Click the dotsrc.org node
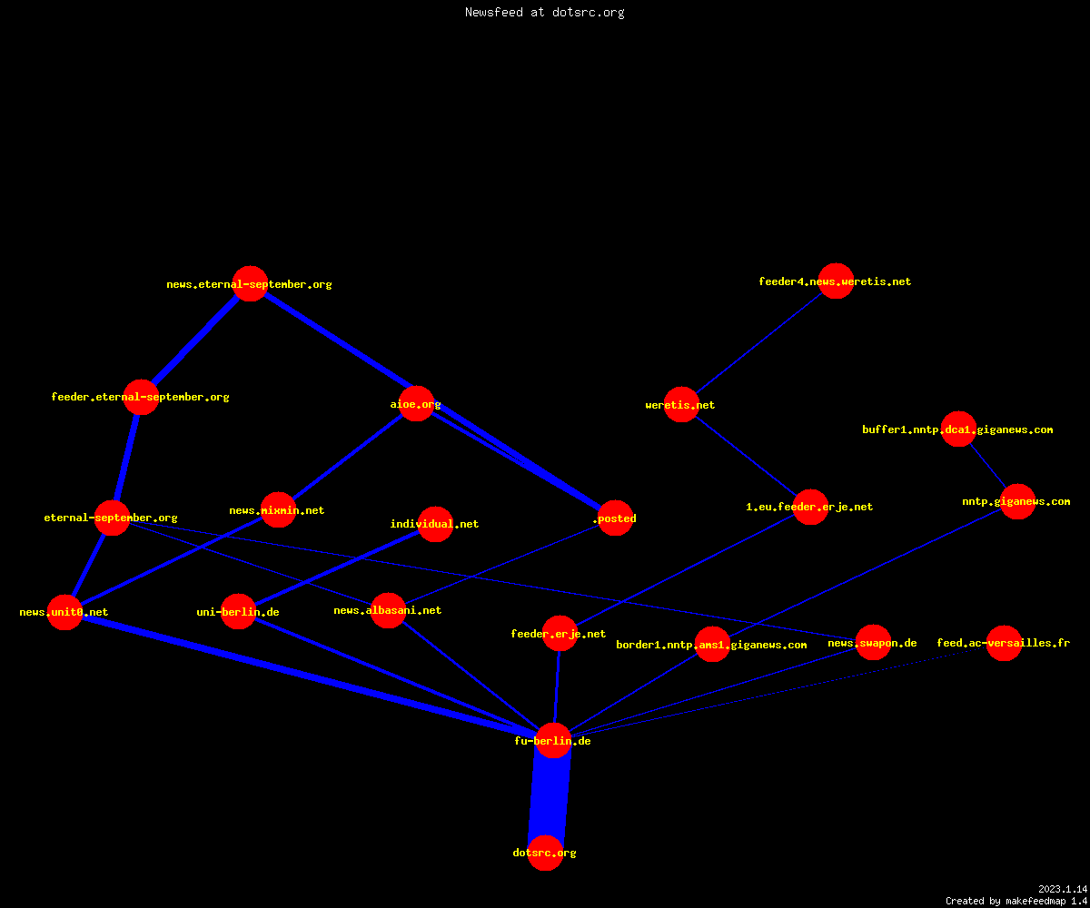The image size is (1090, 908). click(x=545, y=853)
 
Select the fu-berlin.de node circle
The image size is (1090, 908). click(x=553, y=741)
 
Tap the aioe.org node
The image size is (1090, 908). click(x=416, y=404)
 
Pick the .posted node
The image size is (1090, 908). click(x=616, y=518)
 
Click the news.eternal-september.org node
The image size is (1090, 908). click(x=250, y=284)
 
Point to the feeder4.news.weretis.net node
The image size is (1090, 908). click(x=836, y=281)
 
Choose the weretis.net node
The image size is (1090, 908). click(x=681, y=404)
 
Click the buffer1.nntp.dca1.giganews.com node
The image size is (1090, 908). click(x=958, y=429)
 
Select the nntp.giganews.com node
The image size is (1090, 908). click(x=1017, y=501)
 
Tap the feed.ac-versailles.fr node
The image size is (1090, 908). click(x=1004, y=643)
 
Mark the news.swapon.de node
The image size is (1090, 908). click(x=873, y=642)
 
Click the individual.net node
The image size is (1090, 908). click(x=435, y=524)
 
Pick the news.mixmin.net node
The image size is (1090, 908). click(x=278, y=509)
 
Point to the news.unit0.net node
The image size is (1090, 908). click(x=64, y=612)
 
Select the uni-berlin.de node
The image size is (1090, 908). click(x=238, y=612)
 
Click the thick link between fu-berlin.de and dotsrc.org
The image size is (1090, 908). click(x=550, y=797)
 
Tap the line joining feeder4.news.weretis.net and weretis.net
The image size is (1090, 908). click(x=759, y=342)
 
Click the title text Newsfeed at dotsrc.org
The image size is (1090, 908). click(x=544, y=12)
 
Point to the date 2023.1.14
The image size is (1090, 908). click(x=1063, y=889)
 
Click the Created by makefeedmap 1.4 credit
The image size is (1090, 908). click(x=1016, y=902)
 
